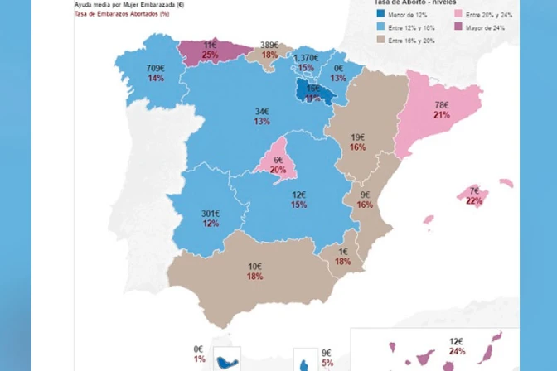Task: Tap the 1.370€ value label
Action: click(306, 57)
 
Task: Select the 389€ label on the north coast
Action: click(269, 45)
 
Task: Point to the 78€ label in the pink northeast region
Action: click(442, 105)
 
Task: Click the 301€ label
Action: click(211, 214)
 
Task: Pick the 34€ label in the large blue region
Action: click(262, 111)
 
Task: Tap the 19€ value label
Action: click(357, 137)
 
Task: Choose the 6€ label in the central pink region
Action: click(278, 160)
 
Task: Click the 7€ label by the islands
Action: click(473, 191)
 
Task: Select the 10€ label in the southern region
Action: click(254, 266)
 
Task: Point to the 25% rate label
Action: click(210, 55)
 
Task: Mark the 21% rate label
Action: click(442, 115)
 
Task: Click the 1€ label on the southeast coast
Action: click(342, 252)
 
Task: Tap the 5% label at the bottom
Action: click(327, 362)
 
